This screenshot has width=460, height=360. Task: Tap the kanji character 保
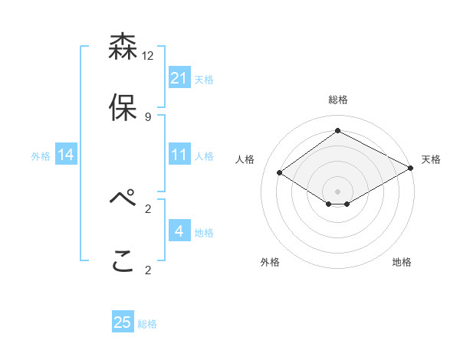[x=123, y=108]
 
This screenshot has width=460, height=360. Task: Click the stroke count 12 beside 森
[x=148, y=56]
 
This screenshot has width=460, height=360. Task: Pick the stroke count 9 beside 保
[x=148, y=117]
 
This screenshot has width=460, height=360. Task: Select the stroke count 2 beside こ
[x=148, y=270]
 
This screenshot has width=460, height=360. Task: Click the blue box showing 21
[x=179, y=78]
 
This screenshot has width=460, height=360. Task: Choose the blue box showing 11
[x=179, y=155]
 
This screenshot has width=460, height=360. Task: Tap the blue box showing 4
[x=179, y=231]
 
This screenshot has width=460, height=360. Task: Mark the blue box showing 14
[x=66, y=155]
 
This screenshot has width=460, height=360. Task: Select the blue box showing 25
[x=123, y=322]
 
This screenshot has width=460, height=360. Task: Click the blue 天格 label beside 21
[x=204, y=79]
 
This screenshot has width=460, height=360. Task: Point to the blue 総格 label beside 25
[x=147, y=324]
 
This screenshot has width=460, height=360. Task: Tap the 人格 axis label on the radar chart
[x=245, y=159]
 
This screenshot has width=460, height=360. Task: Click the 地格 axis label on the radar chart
[x=402, y=262]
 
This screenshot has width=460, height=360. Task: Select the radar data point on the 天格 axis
[x=412, y=169]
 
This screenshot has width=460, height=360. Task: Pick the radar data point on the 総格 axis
[x=337, y=130]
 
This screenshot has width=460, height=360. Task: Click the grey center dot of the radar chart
[x=337, y=190]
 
